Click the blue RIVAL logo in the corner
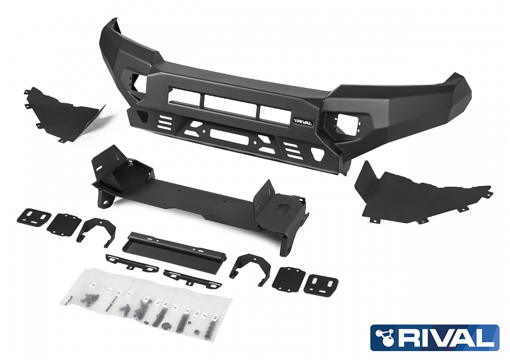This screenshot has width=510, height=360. [435, 338]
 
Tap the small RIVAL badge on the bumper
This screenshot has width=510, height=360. [303, 122]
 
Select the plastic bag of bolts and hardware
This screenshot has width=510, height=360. [147, 303]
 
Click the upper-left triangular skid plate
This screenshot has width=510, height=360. [62, 114]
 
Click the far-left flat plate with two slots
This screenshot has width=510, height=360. [34, 216]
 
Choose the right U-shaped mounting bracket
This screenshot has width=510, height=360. [250, 269]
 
